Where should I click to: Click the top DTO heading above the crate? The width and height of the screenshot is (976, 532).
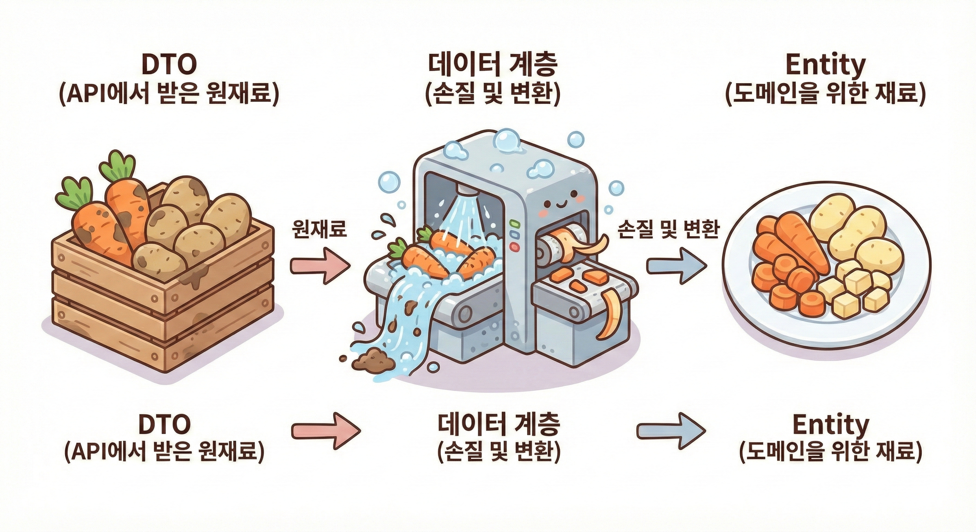pos(169,65)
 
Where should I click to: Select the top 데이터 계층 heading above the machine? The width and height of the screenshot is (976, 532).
pos(493,65)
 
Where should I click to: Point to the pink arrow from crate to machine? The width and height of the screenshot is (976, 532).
pos(321,266)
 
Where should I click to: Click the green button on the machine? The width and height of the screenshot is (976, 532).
pos(514,223)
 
